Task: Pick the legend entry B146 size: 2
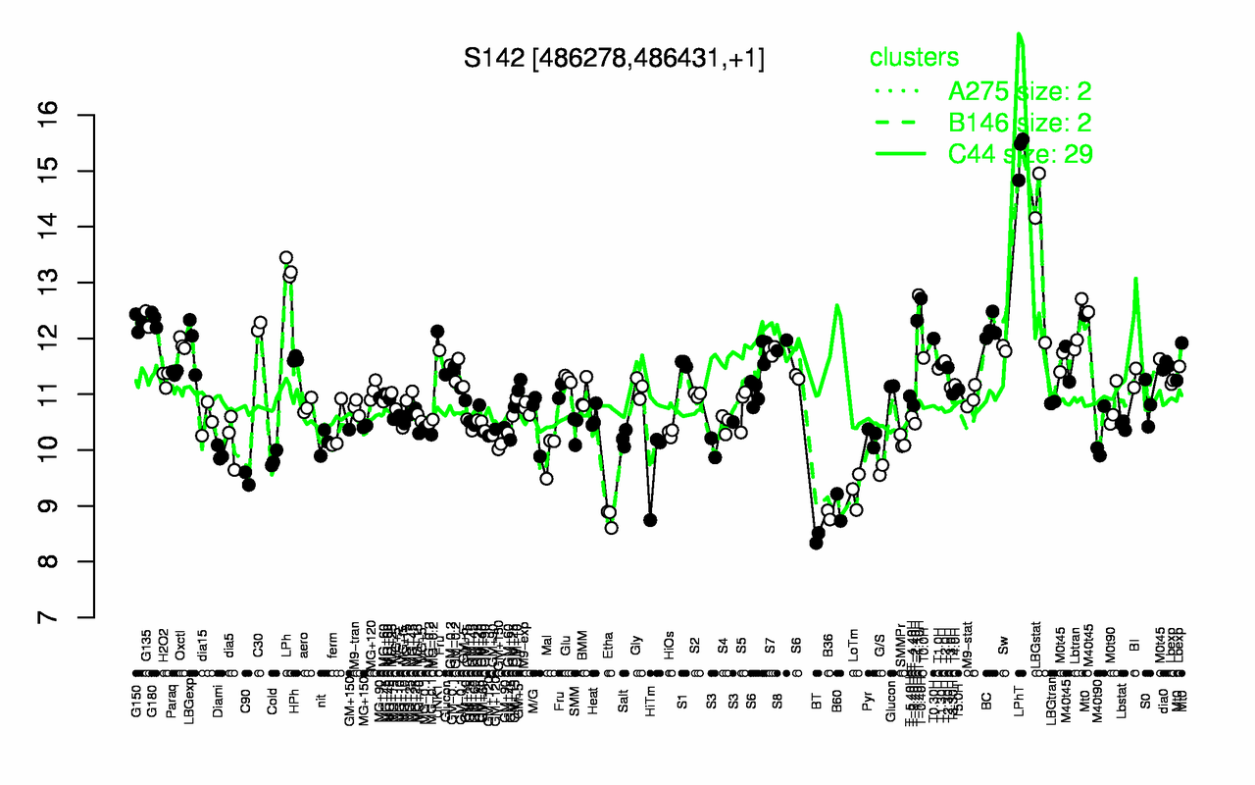(x=1020, y=123)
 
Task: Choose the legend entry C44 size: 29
(x=1020, y=154)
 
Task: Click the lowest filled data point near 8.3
(x=816, y=543)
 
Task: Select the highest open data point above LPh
(x=285, y=258)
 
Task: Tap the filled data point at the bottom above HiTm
(x=650, y=520)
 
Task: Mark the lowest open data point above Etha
(x=612, y=528)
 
